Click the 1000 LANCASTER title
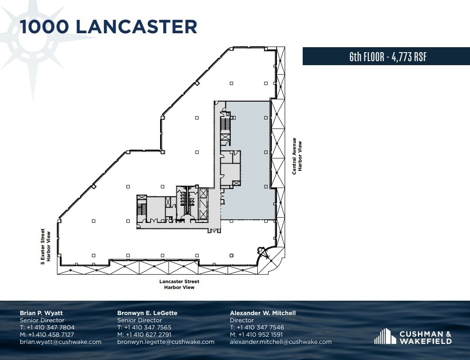pyautogui.click(x=108, y=27)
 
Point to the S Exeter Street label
pyautogui.click(x=43, y=245)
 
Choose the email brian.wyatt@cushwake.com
pyautogui.click(x=60, y=342)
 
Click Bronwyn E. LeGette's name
pyautogui.click(x=147, y=313)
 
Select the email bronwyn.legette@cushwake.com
pyautogui.click(x=166, y=342)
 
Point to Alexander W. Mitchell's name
pyautogui.click(x=263, y=313)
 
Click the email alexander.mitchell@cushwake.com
pyautogui.click(x=281, y=342)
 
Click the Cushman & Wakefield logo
pyautogui.click(x=413, y=336)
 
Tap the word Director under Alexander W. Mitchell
pyautogui.click(x=242, y=320)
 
